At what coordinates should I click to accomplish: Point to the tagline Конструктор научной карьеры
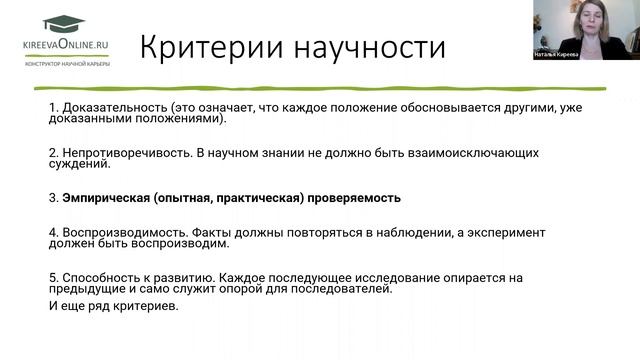tap(69, 62)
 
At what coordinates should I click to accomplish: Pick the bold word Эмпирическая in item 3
tap(104, 197)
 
